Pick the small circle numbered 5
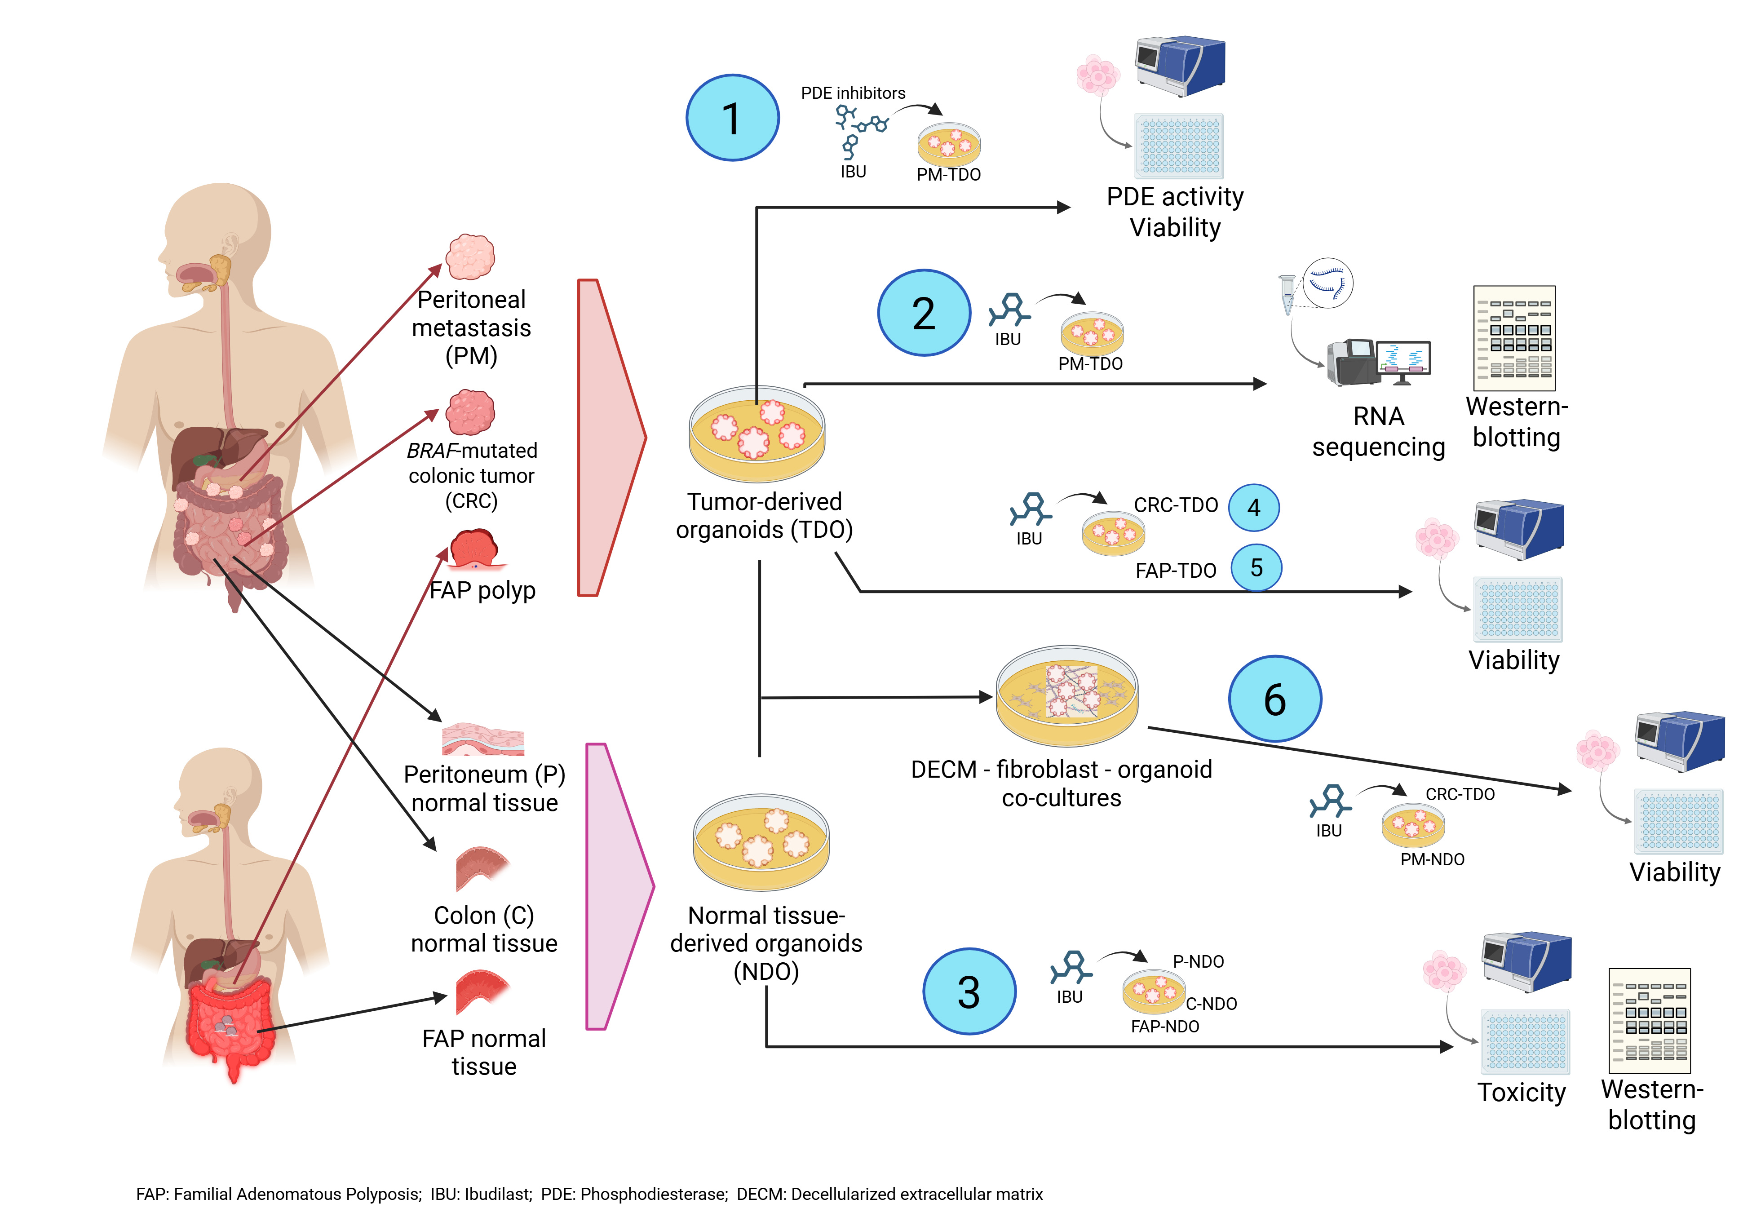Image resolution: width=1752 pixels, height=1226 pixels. click(x=1256, y=567)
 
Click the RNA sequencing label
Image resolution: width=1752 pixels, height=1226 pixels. click(x=1378, y=431)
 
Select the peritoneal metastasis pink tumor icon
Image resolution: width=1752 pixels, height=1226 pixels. click(x=470, y=257)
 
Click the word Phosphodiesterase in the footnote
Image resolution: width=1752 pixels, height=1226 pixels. click(x=654, y=1194)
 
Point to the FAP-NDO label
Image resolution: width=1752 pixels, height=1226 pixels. click(x=1164, y=1026)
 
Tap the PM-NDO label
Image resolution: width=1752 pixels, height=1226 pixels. click(x=1432, y=859)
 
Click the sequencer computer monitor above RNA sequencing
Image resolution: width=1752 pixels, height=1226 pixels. click(x=1404, y=357)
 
